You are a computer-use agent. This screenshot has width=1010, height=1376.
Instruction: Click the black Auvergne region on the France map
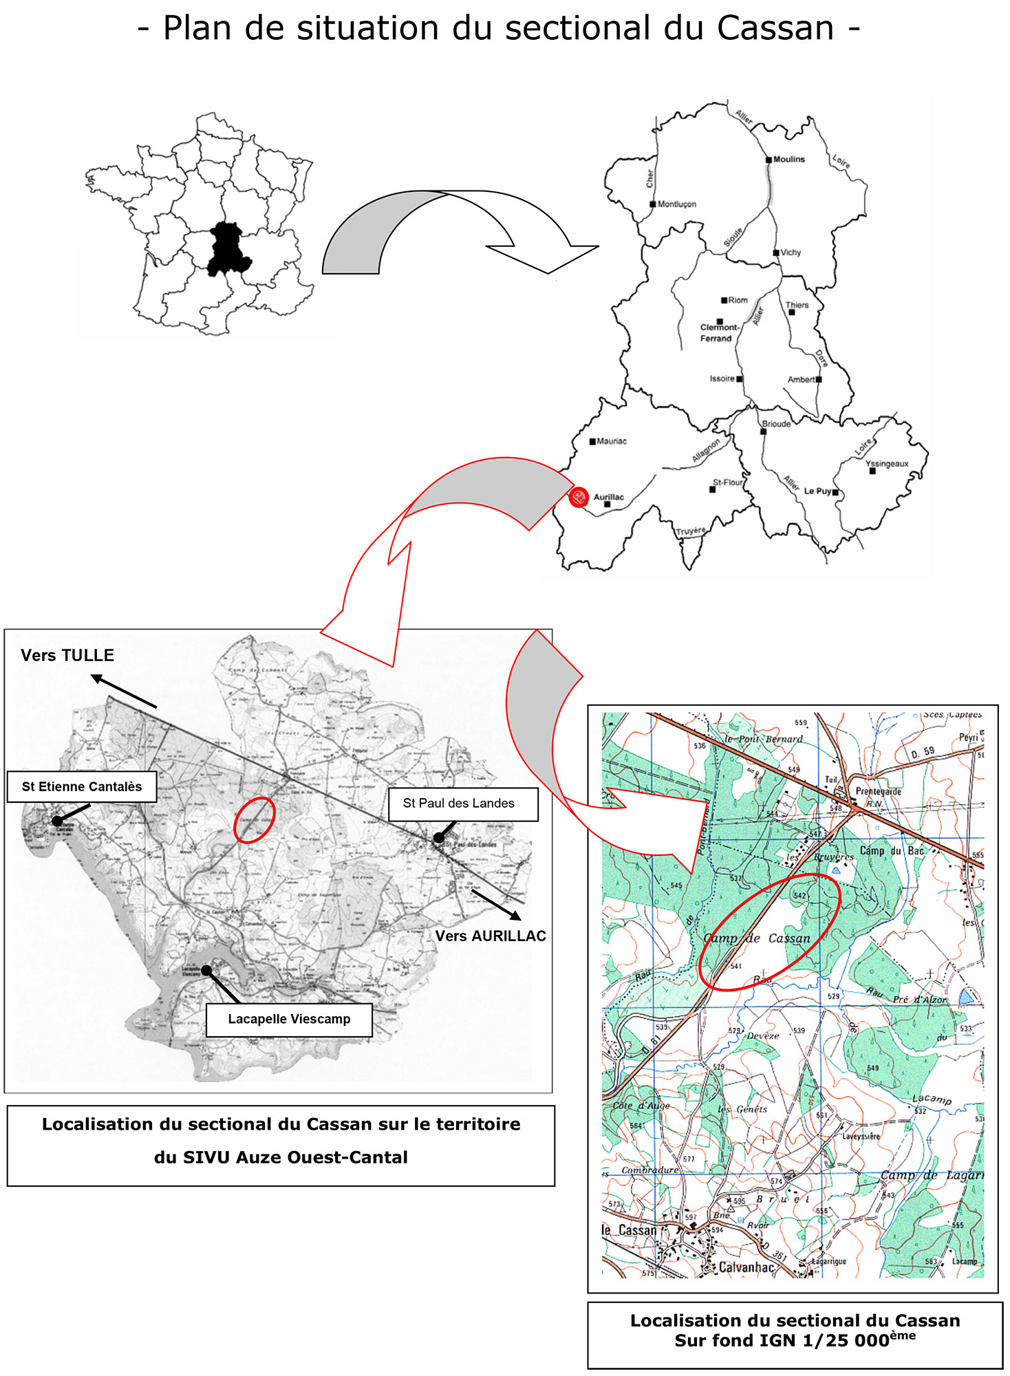(228, 249)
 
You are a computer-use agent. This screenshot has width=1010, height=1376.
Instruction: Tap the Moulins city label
(788, 159)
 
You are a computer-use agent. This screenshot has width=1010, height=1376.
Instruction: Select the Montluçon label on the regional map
(676, 204)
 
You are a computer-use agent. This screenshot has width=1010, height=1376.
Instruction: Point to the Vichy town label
(791, 252)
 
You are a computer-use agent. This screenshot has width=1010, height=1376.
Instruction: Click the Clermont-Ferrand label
(719, 333)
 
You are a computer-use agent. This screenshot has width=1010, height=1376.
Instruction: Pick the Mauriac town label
(612, 441)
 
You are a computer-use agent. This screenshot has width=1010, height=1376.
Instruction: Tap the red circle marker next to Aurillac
(579, 497)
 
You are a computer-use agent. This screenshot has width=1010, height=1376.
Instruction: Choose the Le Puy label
(817, 491)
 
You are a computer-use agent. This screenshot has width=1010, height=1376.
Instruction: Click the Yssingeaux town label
(887, 464)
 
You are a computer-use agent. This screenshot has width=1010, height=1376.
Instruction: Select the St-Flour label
(727, 482)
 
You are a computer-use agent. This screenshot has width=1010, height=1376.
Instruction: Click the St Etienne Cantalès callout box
(82, 786)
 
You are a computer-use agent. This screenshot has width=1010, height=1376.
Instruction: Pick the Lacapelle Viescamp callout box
(289, 1019)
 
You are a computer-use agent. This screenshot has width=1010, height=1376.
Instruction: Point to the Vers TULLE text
(67, 655)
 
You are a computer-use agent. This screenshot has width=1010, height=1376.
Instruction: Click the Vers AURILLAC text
(491, 936)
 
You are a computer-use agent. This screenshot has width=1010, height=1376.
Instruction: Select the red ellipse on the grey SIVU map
(255, 819)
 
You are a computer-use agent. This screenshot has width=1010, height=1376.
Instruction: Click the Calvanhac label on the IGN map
(746, 1267)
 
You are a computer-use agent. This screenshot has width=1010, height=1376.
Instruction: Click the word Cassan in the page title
(775, 29)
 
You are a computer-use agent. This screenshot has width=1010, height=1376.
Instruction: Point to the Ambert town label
(801, 379)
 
